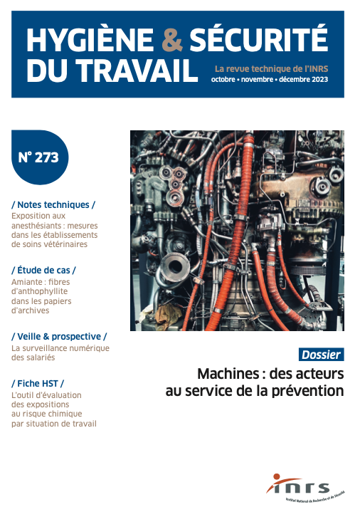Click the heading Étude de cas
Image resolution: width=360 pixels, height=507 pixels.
[x=43, y=270]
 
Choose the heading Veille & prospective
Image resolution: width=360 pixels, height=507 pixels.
[x=59, y=335]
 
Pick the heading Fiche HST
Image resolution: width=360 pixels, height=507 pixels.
[x=38, y=383]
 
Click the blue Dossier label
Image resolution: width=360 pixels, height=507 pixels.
[x=321, y=354]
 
